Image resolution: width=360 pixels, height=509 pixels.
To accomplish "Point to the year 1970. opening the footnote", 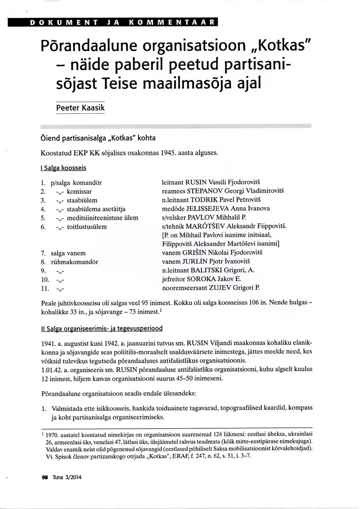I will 53,437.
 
